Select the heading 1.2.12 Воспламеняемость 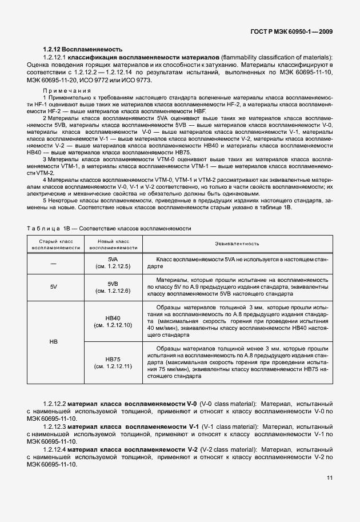coord(82,50)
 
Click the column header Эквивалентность coord(237,244)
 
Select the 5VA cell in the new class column coord(113,263)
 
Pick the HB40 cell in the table coord(113,321)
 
